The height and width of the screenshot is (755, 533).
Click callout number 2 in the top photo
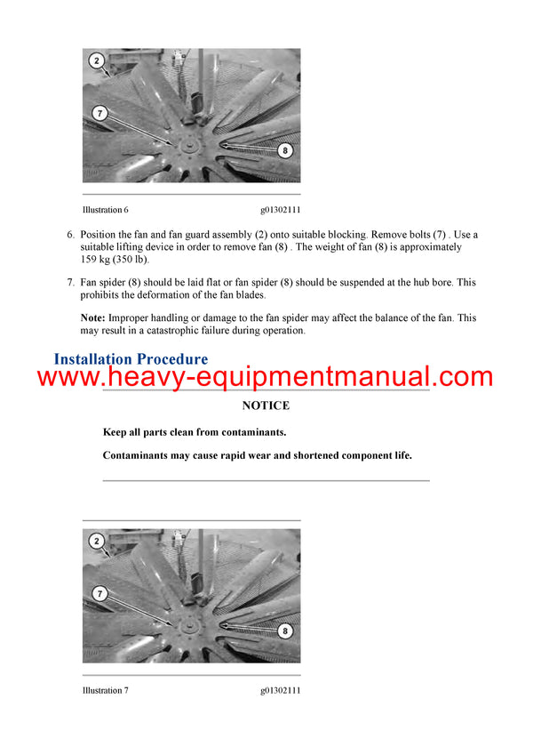[x=96, y=61]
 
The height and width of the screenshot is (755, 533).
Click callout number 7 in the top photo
[x=100, y=113]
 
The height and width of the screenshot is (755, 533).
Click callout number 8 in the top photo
[x=284, y=151]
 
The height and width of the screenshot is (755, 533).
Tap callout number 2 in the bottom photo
[x=96, y=541]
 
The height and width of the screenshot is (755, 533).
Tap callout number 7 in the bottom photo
[x=100, y=593]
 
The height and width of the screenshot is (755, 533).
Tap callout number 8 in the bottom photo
[x=284, y=631]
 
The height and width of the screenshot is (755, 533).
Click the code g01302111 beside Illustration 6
[x=280, y=210]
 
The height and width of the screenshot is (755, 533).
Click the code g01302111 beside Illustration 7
[x=280, y=690]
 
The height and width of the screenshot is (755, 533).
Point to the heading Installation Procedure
[x=131, y=360]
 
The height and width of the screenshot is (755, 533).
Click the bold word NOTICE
[x=266, y=406]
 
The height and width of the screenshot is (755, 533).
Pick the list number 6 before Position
[x=71, y=235]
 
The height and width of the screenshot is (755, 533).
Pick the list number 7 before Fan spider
[x=71, y=283]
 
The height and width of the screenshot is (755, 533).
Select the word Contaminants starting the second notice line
[x=136, y=455]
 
